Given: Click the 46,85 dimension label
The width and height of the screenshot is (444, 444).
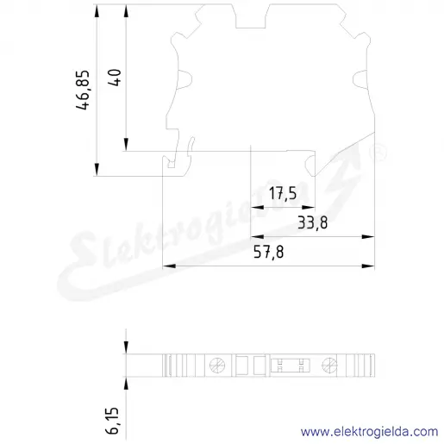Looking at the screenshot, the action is tap(83, 90).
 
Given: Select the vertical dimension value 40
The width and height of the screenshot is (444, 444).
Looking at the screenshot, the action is tap(115, 78).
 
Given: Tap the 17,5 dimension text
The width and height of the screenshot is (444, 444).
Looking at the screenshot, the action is tap(283, 193).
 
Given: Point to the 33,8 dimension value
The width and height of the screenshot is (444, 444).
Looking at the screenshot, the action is tap(312, 222).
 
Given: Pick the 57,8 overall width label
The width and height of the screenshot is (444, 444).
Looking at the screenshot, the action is tap(268, 252).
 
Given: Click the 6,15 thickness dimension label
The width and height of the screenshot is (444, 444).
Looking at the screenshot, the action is tap(112, 420).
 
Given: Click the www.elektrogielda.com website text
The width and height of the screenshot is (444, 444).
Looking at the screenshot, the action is tap(369, 432).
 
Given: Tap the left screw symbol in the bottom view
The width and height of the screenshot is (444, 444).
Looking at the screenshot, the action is tap(217, 366).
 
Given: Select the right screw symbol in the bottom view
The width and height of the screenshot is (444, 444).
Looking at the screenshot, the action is tap(329, 366).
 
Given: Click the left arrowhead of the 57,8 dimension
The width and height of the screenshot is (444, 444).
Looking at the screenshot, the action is tap(169, 266).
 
